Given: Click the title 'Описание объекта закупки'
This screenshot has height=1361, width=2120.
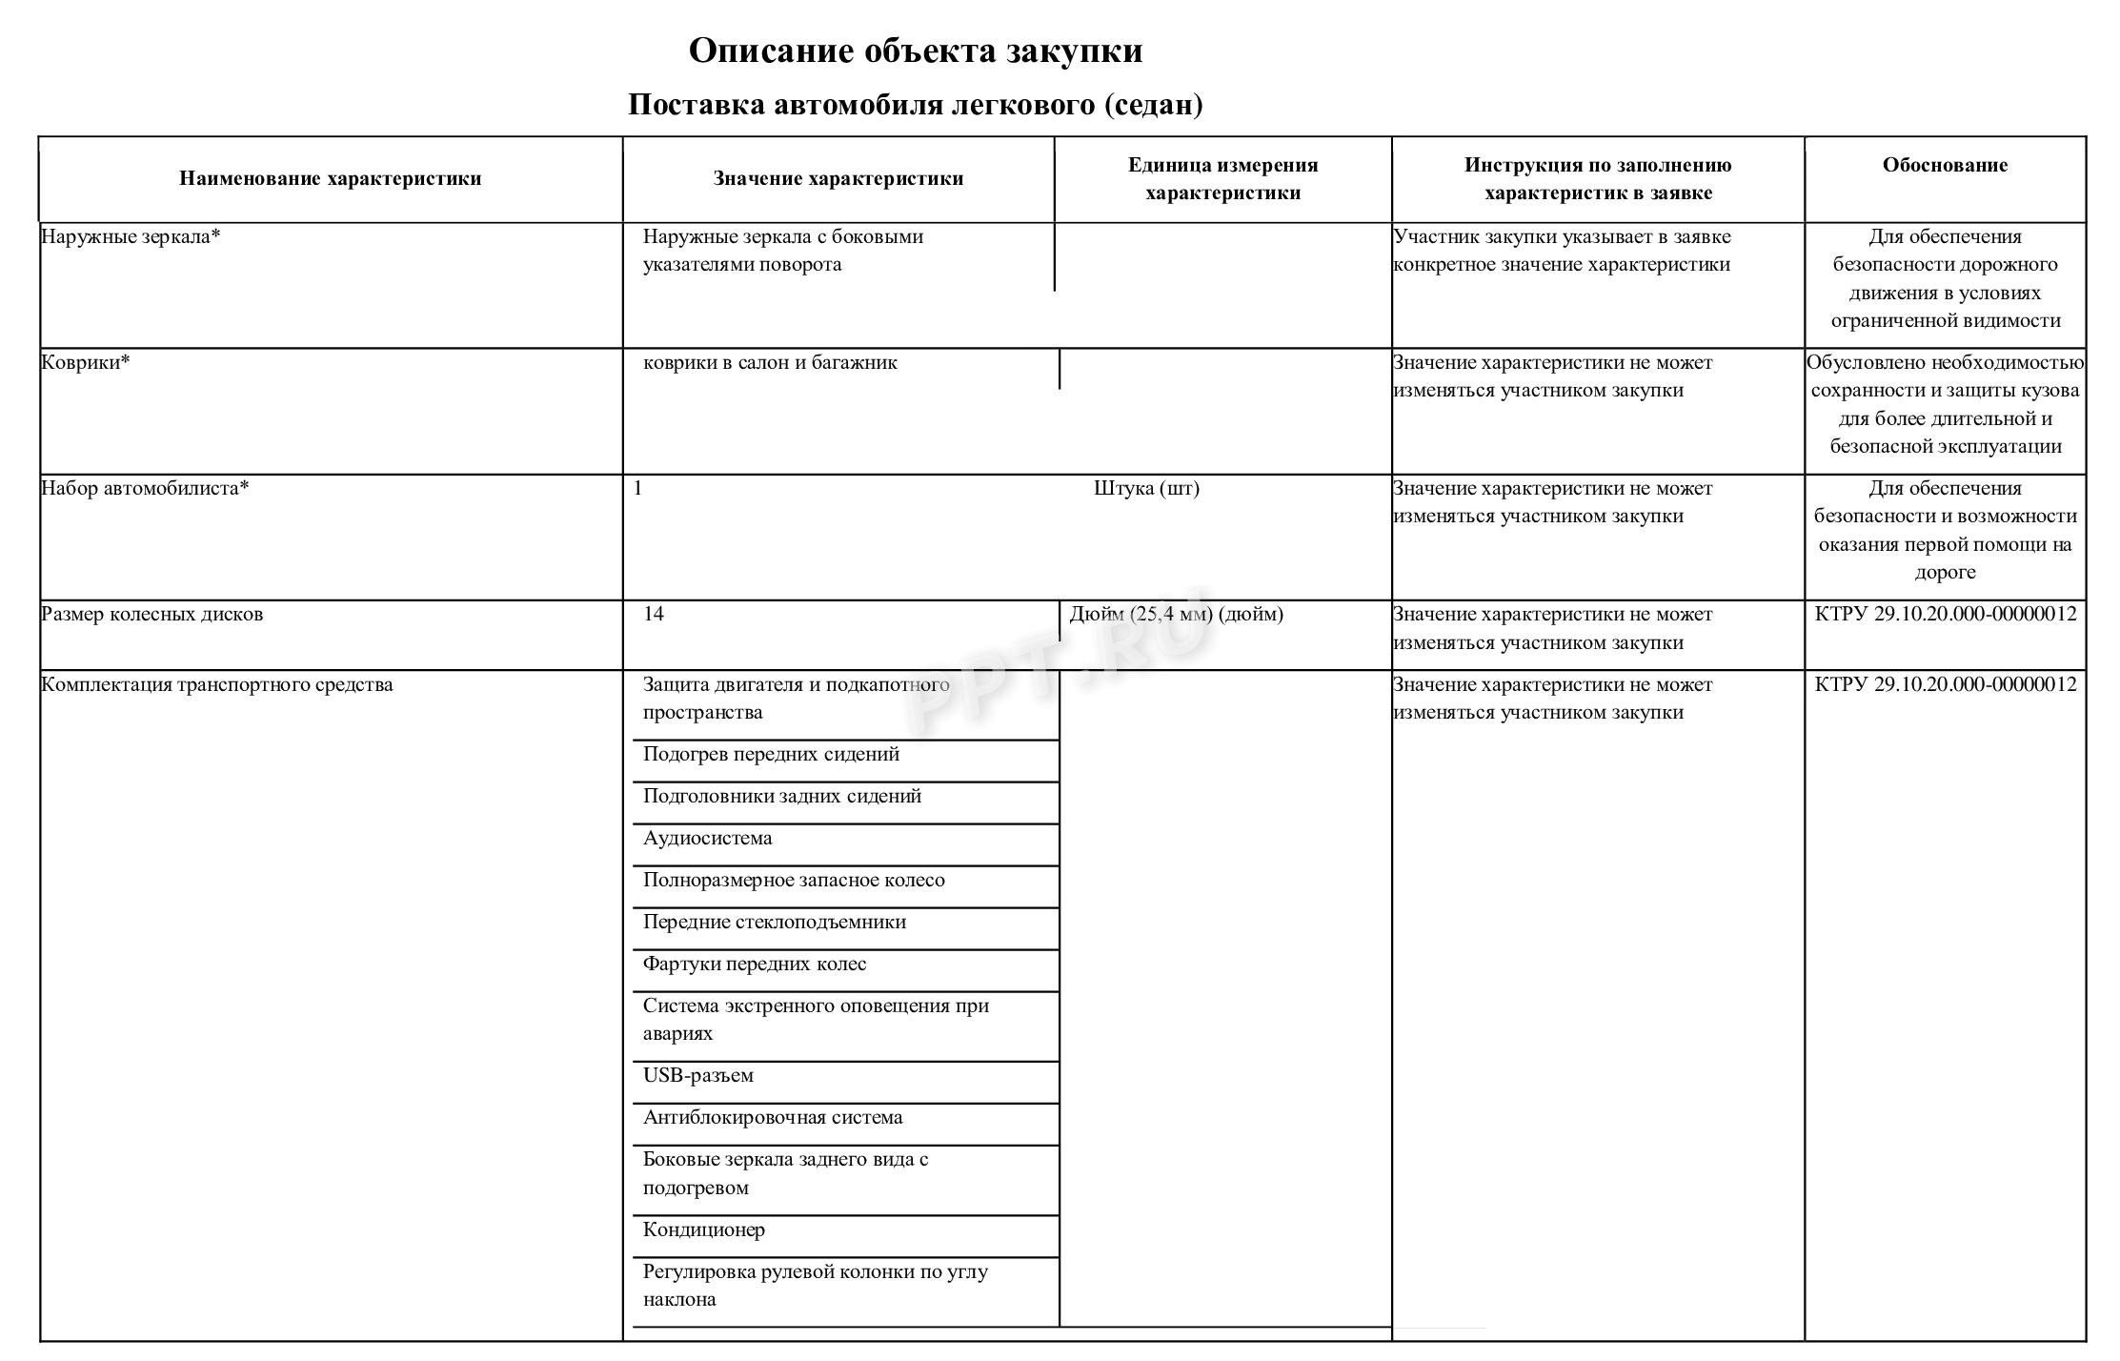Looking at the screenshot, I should tap(915, 51).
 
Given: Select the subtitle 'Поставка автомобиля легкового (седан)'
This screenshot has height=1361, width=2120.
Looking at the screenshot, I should tap(915, 104).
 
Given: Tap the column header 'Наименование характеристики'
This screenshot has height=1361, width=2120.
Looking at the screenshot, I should tap(330, 178).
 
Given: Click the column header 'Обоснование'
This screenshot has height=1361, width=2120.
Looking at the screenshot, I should tap(1945, 165).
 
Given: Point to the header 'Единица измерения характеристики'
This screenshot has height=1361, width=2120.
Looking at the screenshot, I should tap(1222, 178).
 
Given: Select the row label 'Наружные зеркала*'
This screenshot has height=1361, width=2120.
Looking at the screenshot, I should tap(131, 236).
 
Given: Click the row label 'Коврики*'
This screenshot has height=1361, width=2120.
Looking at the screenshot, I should tap(86, 362).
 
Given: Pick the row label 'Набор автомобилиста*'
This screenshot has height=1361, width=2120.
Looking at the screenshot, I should tap(145, 488).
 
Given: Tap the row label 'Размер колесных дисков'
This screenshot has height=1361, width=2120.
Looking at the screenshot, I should tap(152, 614).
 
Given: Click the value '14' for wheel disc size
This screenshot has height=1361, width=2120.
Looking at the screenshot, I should tap(654, 614).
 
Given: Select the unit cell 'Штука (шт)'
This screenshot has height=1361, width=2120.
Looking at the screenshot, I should tap(1146, 488).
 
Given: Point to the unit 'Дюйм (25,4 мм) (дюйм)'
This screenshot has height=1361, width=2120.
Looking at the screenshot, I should tap(1176, 614).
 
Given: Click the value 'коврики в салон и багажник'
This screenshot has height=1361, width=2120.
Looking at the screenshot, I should tap(770, 362).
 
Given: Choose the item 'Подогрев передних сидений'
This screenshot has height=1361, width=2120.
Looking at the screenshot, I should tap(771, 754).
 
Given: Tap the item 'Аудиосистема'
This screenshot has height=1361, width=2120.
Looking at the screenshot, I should tap(707, 838).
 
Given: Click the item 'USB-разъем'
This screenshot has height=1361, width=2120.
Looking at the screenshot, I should tap(697, 1075).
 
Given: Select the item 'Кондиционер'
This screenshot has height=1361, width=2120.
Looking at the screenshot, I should tap(703, 1229).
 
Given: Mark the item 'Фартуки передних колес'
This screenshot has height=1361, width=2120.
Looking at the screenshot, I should tap(755, 964).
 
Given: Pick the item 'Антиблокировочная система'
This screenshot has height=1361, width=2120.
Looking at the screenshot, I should tap(773, 1117).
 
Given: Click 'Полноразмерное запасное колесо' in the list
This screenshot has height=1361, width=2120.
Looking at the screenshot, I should tap(794, 880).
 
